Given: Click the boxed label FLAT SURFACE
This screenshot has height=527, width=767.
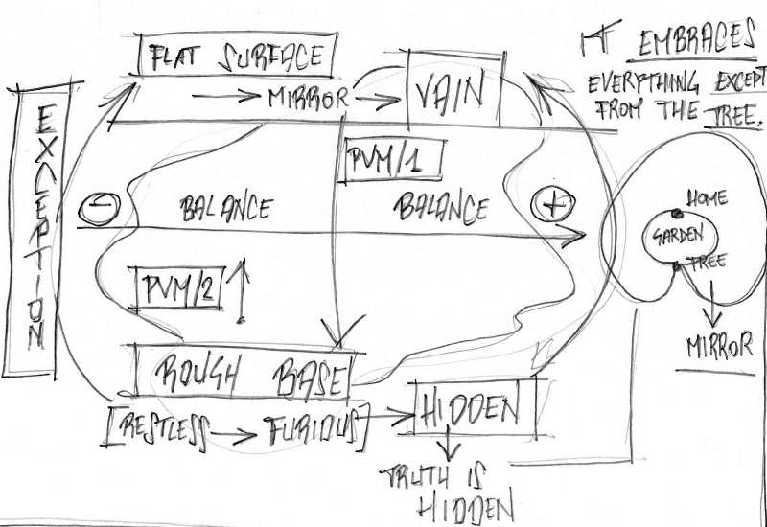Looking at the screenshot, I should pos(238,58).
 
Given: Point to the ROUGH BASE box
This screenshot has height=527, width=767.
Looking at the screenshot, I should pos(245,373).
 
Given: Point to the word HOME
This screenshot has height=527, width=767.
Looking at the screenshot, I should pos(708,199).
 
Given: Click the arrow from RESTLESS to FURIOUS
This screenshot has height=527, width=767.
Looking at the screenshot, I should pos(234,437).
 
